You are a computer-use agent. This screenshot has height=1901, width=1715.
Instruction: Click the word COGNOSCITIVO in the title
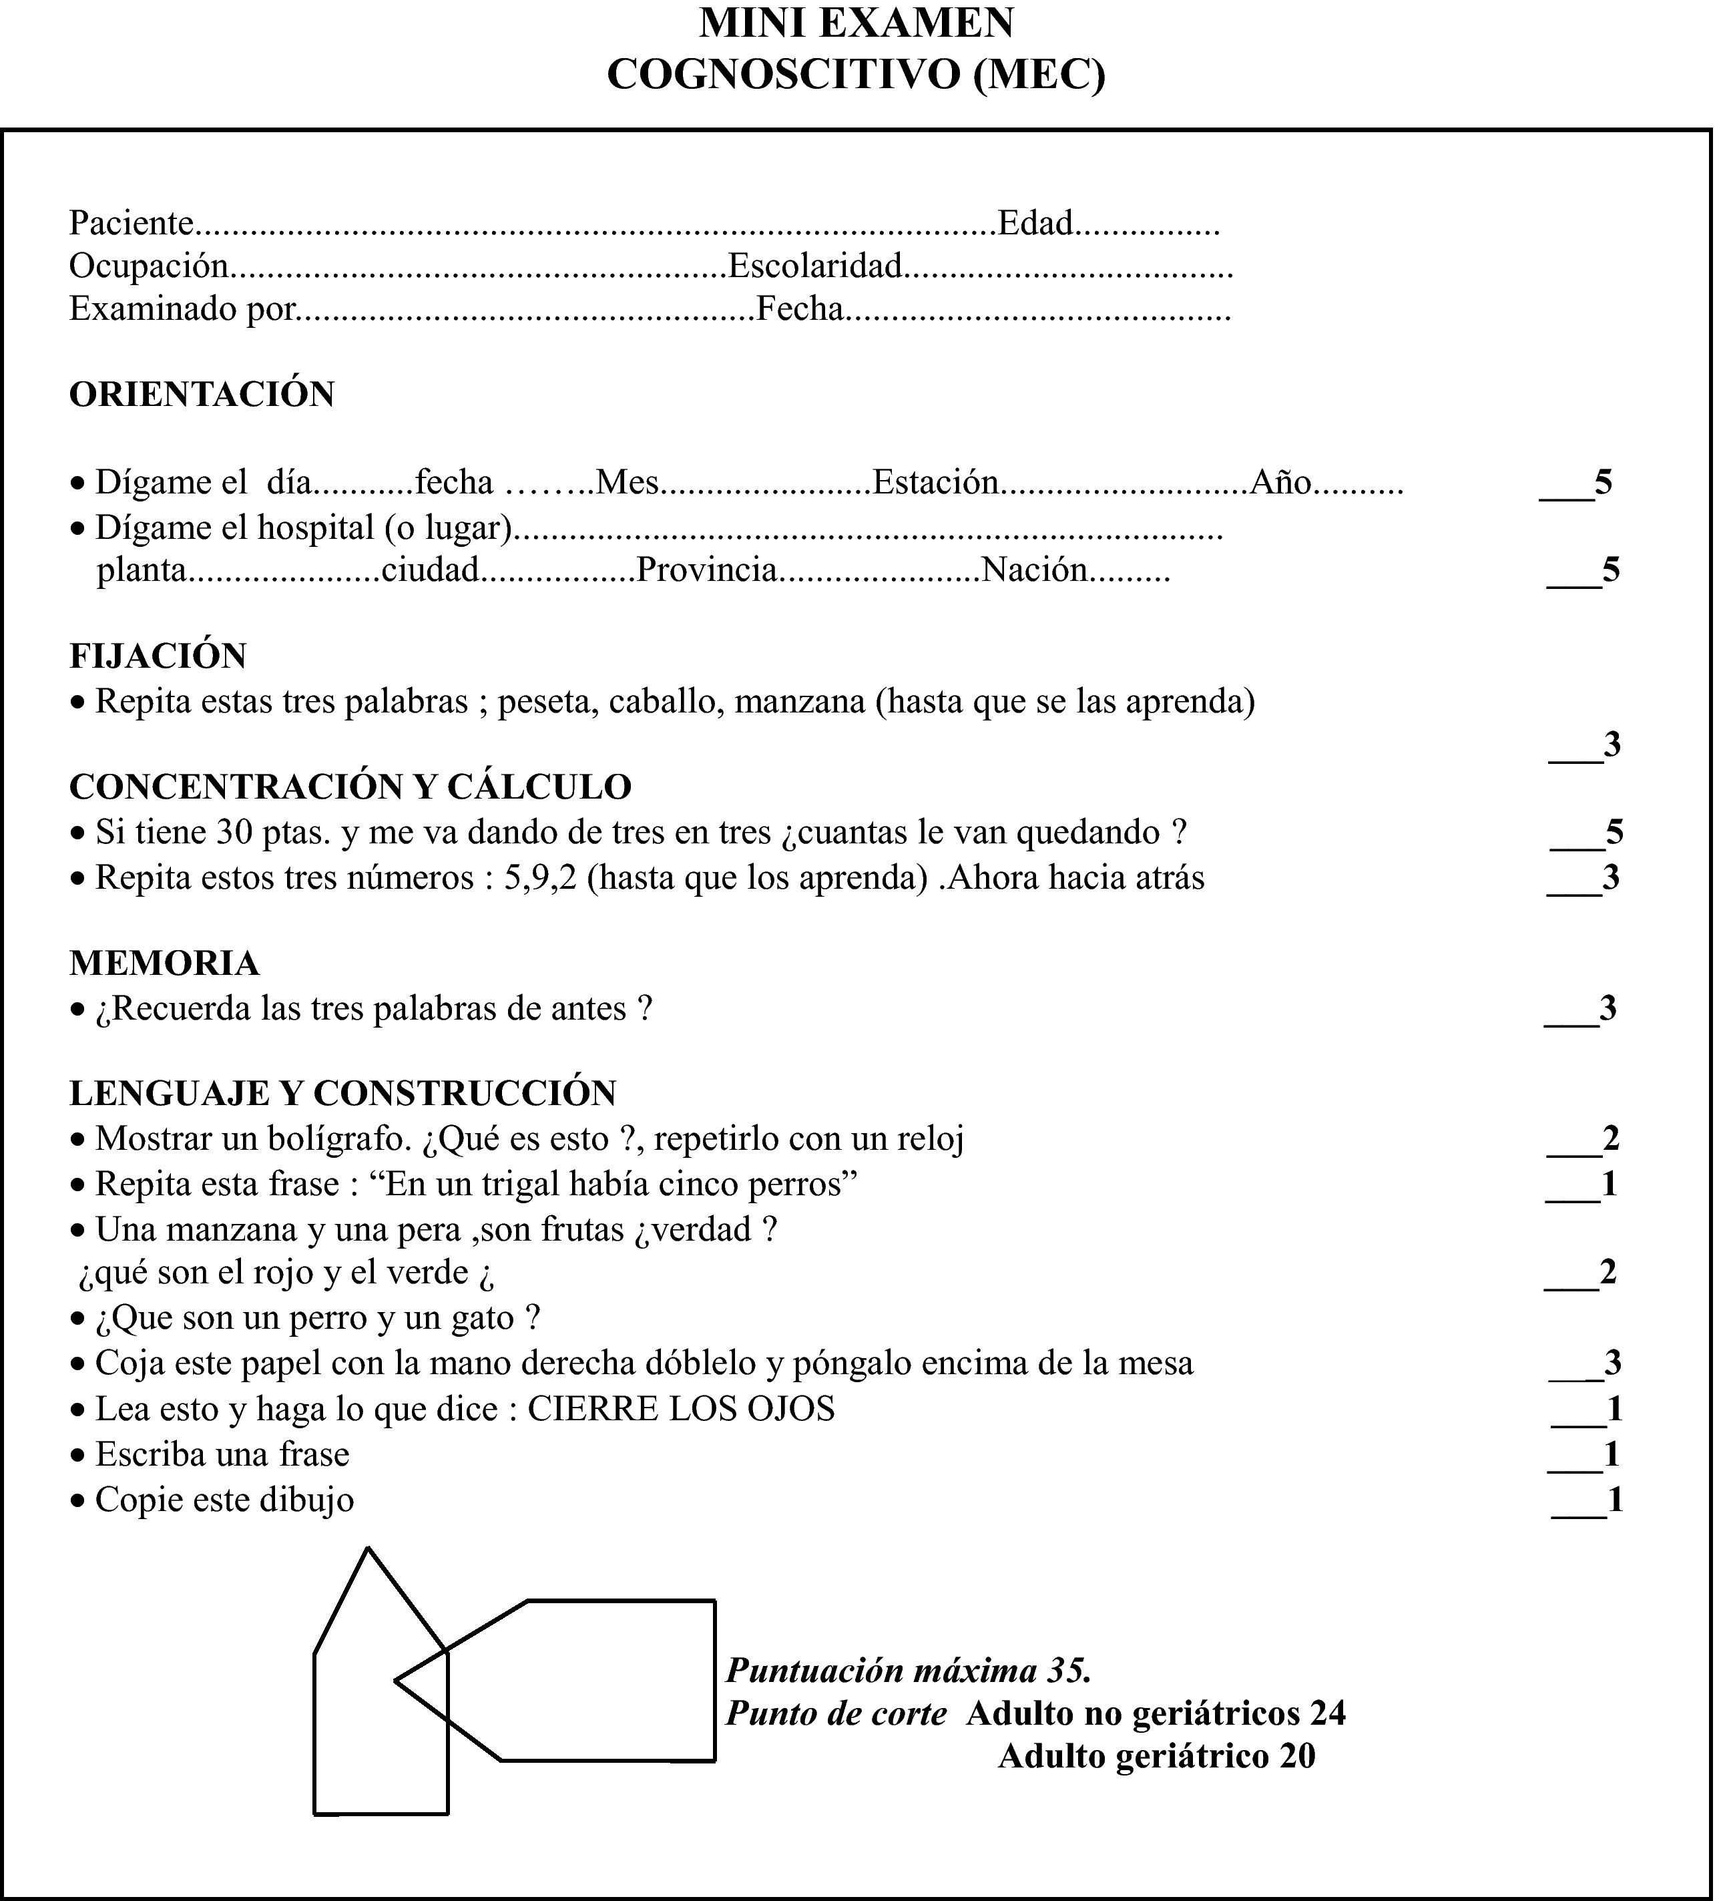click(786, 75)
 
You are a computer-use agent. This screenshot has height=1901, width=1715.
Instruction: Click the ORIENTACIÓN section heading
click(202, 394)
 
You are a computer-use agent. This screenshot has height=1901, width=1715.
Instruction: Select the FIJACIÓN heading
click(158, 656)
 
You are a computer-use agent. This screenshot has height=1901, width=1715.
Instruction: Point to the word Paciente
click(131, 224)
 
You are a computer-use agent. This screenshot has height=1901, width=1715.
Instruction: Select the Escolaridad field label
click(815, 266)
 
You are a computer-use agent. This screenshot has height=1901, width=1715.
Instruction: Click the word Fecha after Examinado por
click(800, 308)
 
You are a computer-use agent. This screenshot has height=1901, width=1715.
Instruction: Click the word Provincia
click(707, 570)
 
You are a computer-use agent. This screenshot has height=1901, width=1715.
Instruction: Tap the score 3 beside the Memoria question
click(1608, 1008)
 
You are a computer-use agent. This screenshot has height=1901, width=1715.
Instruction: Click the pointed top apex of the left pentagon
click(367, 1548)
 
